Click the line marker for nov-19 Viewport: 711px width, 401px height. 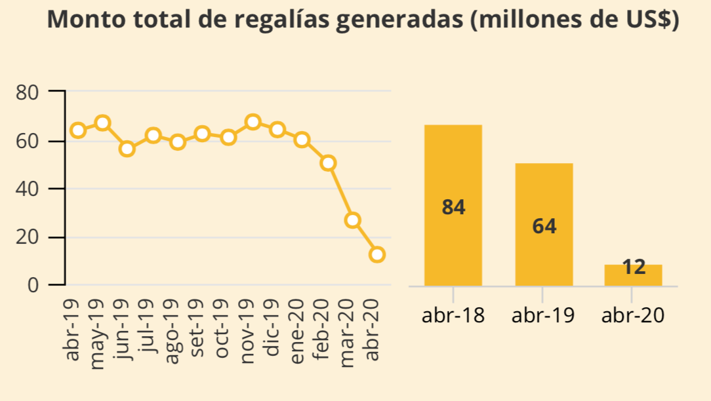pyautogui.click(x=253, y=122)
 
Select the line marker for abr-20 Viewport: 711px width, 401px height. pyautogui.click(x=376, y=254)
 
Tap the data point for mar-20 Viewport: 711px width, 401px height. pyautogui.click(x=353, y=220)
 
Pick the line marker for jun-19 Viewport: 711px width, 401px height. pyautogui.click(x=127, y=149)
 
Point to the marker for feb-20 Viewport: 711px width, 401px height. pyautogui.click(x=328, y=162)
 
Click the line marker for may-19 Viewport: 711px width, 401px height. pyautogui.click(x=102, y=123)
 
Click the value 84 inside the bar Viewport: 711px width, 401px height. pyautogui.click(x=453, y=208)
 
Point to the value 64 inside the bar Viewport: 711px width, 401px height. pyautogui.click(x=544, y=227)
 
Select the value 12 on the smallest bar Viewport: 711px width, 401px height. pyautogui.click(x=633, y=267)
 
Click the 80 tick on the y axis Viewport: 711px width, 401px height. pyautogui.click(x=27, y=92)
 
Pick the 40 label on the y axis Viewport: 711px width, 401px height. pyautogui.click(x=27, y=189)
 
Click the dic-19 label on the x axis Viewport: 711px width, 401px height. pyautogui.click(x=273, y=328)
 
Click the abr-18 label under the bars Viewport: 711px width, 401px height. pyautogui.click(x=453, y=316)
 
